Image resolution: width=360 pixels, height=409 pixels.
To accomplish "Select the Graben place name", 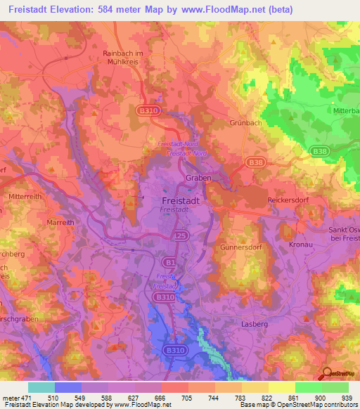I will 198,178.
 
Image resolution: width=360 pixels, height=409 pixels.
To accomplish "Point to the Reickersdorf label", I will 290,200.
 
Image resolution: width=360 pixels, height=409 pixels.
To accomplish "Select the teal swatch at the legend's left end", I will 41,387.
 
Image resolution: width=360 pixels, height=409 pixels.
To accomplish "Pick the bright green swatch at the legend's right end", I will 335,387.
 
